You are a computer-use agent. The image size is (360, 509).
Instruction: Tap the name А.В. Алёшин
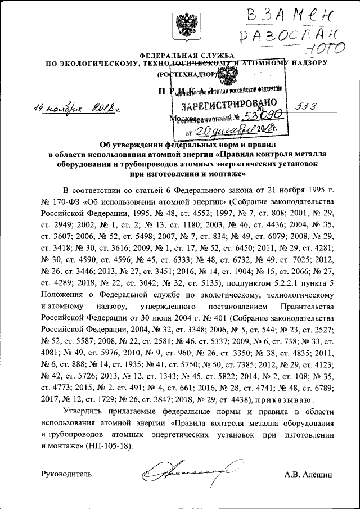(x=309, y=474)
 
